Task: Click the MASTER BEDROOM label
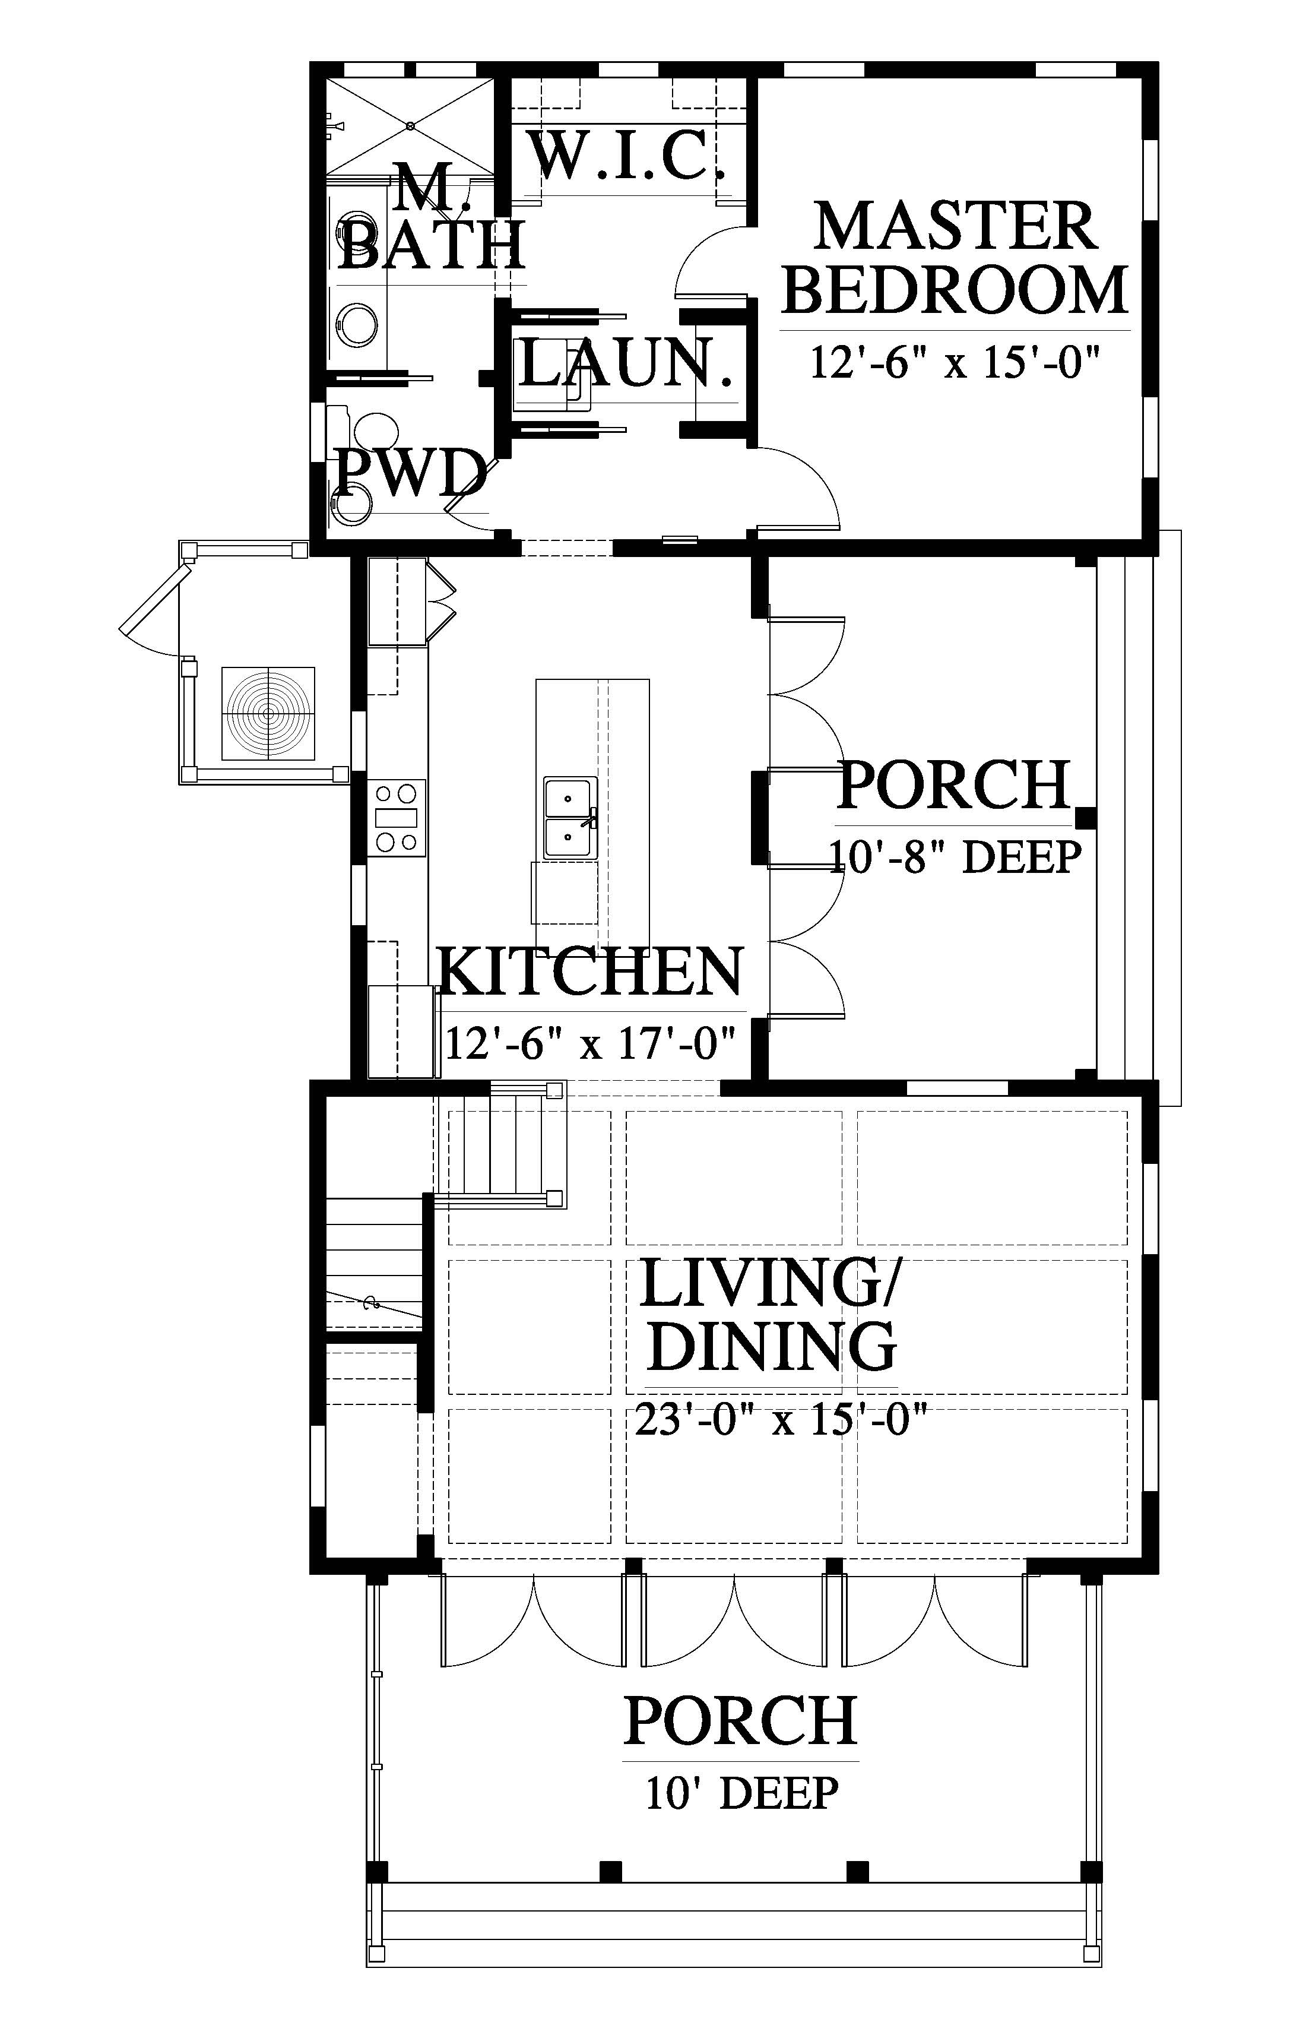tap(955, 258)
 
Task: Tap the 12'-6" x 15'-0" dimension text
tap(955, 362)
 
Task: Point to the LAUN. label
tap(626, 363)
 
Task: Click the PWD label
tap(411, 473)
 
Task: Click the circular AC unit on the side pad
tap(268, 713)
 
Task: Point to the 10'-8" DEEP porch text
tap(955, 857)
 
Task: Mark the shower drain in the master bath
tap(410, 125)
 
